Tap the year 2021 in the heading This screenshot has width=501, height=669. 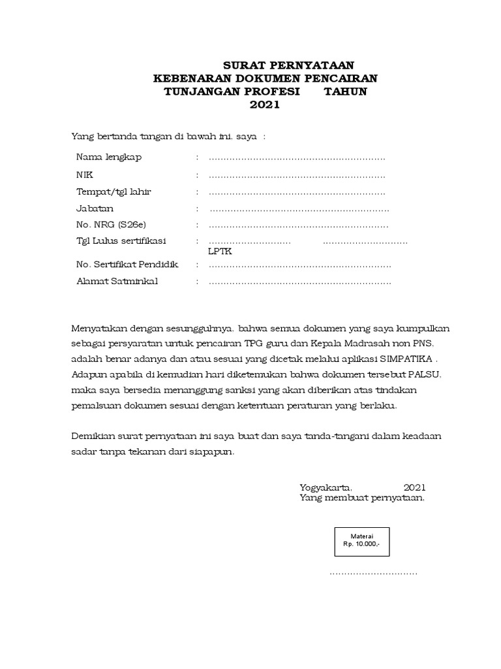(265, 105)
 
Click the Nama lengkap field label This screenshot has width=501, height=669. (109, 157)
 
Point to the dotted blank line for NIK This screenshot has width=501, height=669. (297, 176)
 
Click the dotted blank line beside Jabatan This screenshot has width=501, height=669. (299, 209)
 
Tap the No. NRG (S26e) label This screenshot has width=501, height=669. (112, 225)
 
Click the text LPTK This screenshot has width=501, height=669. (219, 252)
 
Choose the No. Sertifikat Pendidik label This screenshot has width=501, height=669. (127, 265)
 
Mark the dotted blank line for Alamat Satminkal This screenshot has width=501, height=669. (300, 282)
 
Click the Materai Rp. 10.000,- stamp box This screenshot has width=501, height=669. (361, 542)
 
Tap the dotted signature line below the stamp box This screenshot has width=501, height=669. (373, 573)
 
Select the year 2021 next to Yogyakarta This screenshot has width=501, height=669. (414, 487)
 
